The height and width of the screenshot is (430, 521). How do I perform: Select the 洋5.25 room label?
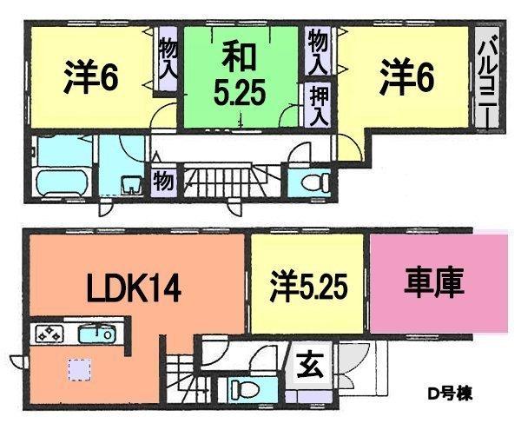click(307, 284)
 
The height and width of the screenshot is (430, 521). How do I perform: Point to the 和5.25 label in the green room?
click(236, 76)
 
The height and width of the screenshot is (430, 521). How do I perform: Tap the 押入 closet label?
click(318, 105)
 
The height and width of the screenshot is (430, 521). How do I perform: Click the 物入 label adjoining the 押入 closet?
click(318, 51)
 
